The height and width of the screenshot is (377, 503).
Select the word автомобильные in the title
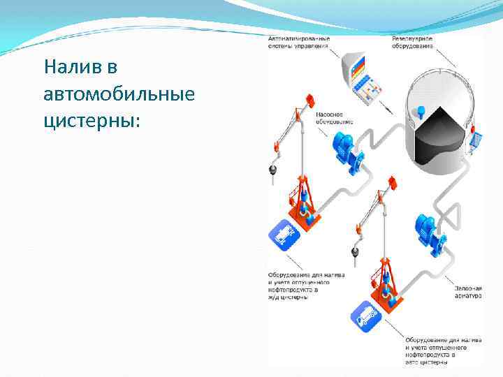tap(118, 94)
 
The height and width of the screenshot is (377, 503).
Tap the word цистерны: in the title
tap(92, 121)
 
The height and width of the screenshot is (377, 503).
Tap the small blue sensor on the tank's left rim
tap(421, 110)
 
